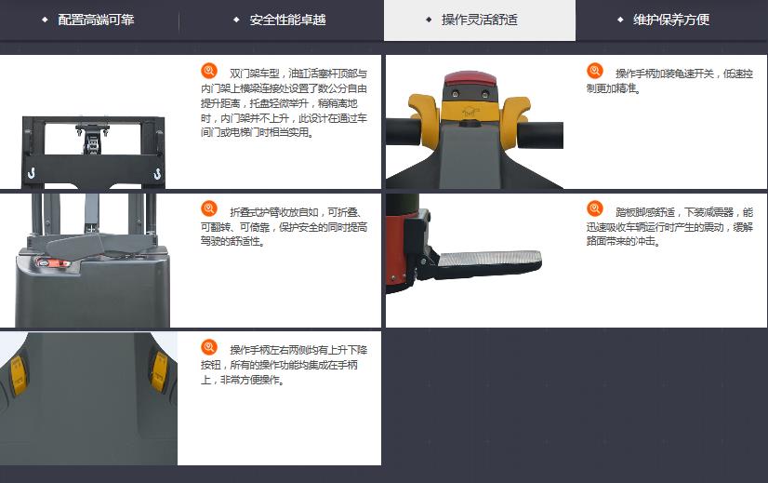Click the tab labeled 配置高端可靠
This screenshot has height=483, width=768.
click(96, 20)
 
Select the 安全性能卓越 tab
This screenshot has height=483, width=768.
click(287, 20)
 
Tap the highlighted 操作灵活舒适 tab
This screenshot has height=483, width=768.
click(480, 20)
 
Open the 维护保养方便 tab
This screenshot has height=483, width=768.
click(671, 20)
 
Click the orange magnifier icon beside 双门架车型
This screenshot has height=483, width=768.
click(209, 71)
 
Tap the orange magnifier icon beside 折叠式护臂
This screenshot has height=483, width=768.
click(209, 208)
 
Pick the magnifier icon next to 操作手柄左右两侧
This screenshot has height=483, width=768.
click(209, 347)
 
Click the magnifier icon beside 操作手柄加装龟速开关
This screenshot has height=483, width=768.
click(595, 71)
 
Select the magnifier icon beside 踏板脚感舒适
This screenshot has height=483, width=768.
click(595, 208)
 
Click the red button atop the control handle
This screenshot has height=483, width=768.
click(470, 79)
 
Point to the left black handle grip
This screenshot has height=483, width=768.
click(404, 131)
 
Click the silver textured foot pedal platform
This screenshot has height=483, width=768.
click(490, 259)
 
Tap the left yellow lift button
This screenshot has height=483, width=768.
click(18, 375)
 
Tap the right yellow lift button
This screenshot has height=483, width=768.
click(159, 371)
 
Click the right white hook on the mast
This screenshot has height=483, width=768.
click(157, 173)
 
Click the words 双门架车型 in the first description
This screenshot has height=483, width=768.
click(255, 74)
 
